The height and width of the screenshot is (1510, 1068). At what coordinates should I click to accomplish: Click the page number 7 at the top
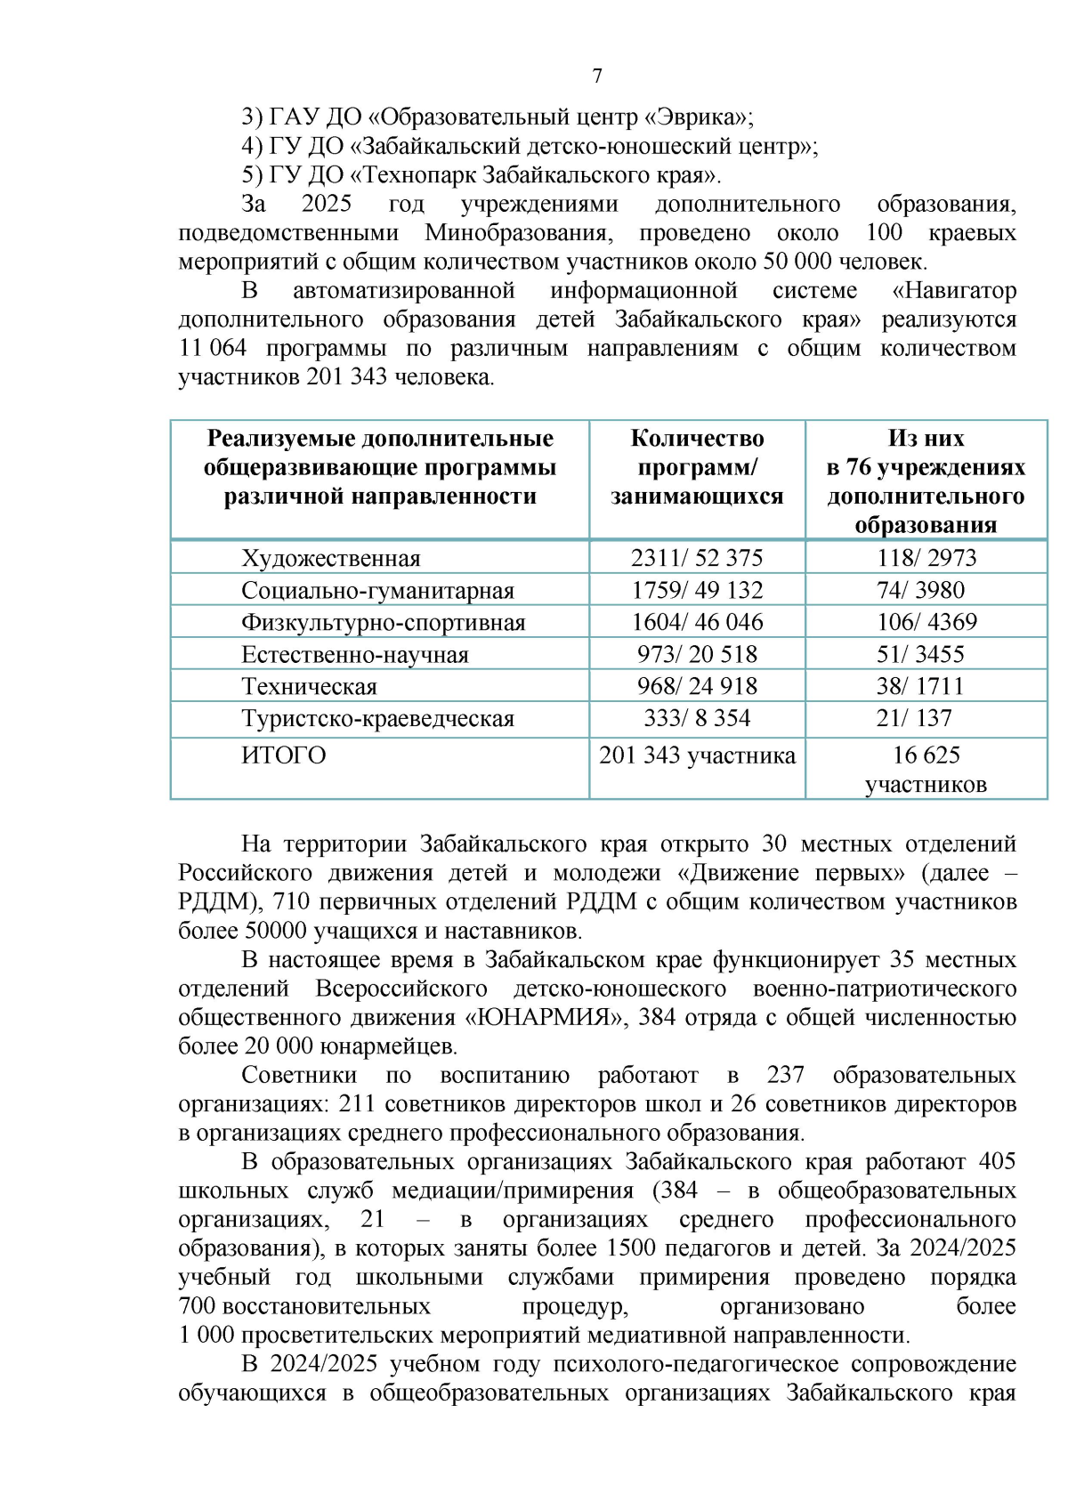click(596, 77)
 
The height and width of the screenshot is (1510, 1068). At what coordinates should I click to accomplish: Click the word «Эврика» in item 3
click(697, 117)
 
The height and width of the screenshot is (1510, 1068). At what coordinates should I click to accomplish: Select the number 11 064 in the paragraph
click(213, 348)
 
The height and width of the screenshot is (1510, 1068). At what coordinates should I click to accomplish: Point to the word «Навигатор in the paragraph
click(953, 290)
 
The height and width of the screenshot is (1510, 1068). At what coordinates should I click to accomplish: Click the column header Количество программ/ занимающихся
click(697, 467)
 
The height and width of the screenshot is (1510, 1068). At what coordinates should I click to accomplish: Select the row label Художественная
click(330, 559)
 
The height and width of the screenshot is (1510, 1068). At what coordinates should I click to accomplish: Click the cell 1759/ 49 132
click(697, 590)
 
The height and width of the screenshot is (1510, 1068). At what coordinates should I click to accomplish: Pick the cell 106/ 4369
click(926, 622)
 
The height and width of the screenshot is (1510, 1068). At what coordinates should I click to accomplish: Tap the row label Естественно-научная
click(354, 655)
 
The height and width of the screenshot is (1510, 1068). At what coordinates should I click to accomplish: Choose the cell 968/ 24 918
click(697, 686)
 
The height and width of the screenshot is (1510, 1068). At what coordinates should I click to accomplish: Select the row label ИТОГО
click(283, 755)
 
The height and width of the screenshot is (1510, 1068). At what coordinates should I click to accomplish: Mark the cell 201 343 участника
click(697, 755)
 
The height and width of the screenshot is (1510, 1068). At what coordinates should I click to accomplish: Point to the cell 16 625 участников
click(926, 770)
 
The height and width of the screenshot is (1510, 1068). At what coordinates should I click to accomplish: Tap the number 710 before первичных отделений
click(291, 901)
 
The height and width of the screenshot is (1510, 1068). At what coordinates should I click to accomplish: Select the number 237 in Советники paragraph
click(785, 1075)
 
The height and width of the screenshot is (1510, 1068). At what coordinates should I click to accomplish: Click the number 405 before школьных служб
click(996, 1161)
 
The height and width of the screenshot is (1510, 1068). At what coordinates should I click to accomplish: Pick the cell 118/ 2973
click(926, 558)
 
